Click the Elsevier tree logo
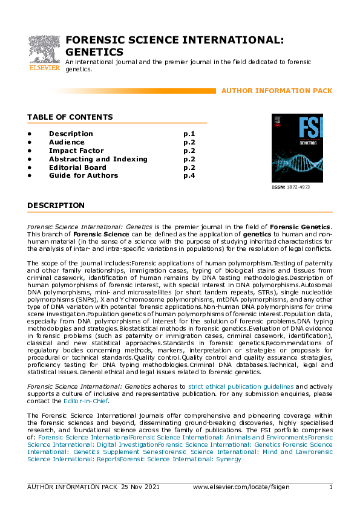44,48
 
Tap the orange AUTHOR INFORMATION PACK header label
277,91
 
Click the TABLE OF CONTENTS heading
70,117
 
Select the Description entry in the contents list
71,134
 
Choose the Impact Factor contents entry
76,151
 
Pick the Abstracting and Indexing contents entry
98,159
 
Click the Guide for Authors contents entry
83,176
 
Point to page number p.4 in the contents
189,176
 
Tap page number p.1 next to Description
189,134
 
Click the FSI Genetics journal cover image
297,148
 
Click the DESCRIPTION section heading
56,206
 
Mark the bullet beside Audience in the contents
29,142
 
